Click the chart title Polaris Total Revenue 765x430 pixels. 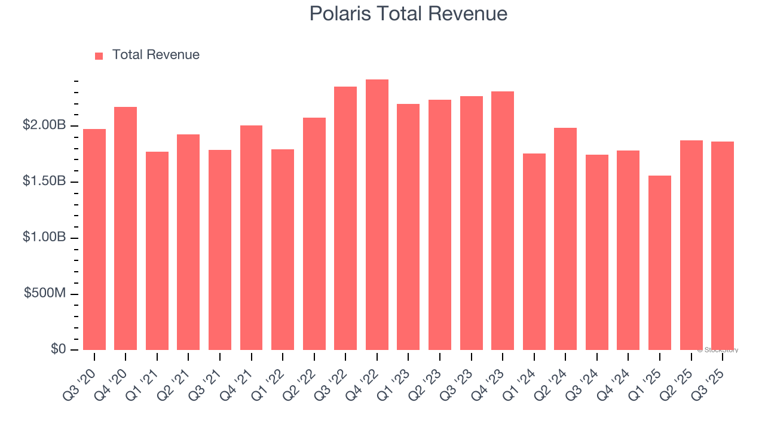pyautogui.click(x=408, y=14)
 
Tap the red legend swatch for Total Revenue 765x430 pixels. pyautogui.click(x=99, y=56)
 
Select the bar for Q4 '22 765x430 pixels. pyautogui.click(x=377, y=215)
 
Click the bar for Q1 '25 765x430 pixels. pyautogui.click(x=660, y=263)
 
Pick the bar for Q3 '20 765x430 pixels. pyautogui.click(x=94, y=239)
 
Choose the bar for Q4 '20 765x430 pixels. pyautogui.click(x=126, y=229)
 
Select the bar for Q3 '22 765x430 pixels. pyautogui.click(x=345, y=219)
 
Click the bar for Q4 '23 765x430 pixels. pyautogui.click(x=503, y=221)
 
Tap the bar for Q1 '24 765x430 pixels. pyautogui.click(x=534, y=252)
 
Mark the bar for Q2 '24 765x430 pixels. pyautogui.click(x=565, y=239)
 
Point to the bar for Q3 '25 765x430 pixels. pyautogui.click(x=723, y=246)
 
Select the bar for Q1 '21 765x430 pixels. pyautogui.click(x=157, y=251)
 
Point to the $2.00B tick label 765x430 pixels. pyautogui.click(x=44, y=125)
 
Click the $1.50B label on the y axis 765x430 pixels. pyautogui.click(x=44, y=182)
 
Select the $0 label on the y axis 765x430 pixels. pyautogui.click(x=58, y=349)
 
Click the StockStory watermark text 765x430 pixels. pyautogui.click(x=718, y=350)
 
